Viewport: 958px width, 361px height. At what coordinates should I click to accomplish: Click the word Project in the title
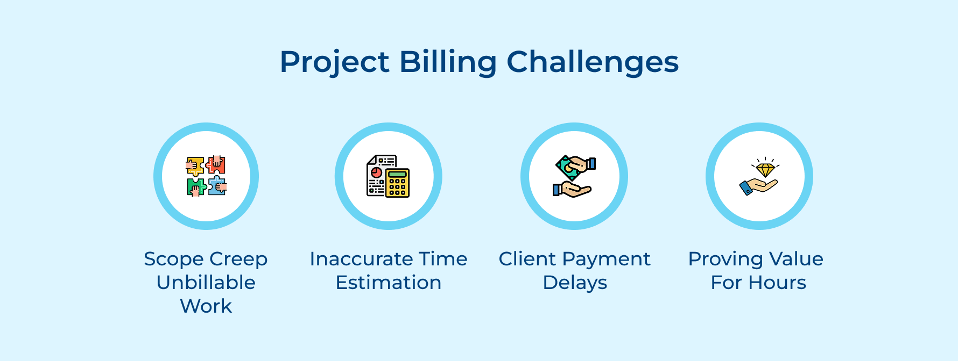(x=334, y=62)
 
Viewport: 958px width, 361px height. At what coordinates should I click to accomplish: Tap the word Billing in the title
(x=448, y=62)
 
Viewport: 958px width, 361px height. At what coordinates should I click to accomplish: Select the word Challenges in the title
(x=592, y=62)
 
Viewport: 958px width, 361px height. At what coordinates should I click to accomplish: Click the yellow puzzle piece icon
(x=195, y=166)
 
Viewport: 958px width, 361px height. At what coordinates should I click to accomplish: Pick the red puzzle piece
(x=216, y=165)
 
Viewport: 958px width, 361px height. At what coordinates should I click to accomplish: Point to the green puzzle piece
(x=196, y=187)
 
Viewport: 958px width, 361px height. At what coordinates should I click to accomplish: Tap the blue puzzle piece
(x=217, y=186)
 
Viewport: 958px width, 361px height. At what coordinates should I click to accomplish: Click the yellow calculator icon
(x=397, y=183)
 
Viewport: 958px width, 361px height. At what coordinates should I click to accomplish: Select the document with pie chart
(x=377, y=175)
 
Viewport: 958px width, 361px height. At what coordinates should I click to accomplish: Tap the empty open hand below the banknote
(x=573, y=190)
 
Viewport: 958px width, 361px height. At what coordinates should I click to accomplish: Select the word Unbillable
(x=206, y=283)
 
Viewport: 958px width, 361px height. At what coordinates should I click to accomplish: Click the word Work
(x=206, y=306)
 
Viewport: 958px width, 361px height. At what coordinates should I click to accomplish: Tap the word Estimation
(x=388, y=283)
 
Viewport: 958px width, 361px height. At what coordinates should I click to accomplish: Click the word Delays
(x=574, y=283)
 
